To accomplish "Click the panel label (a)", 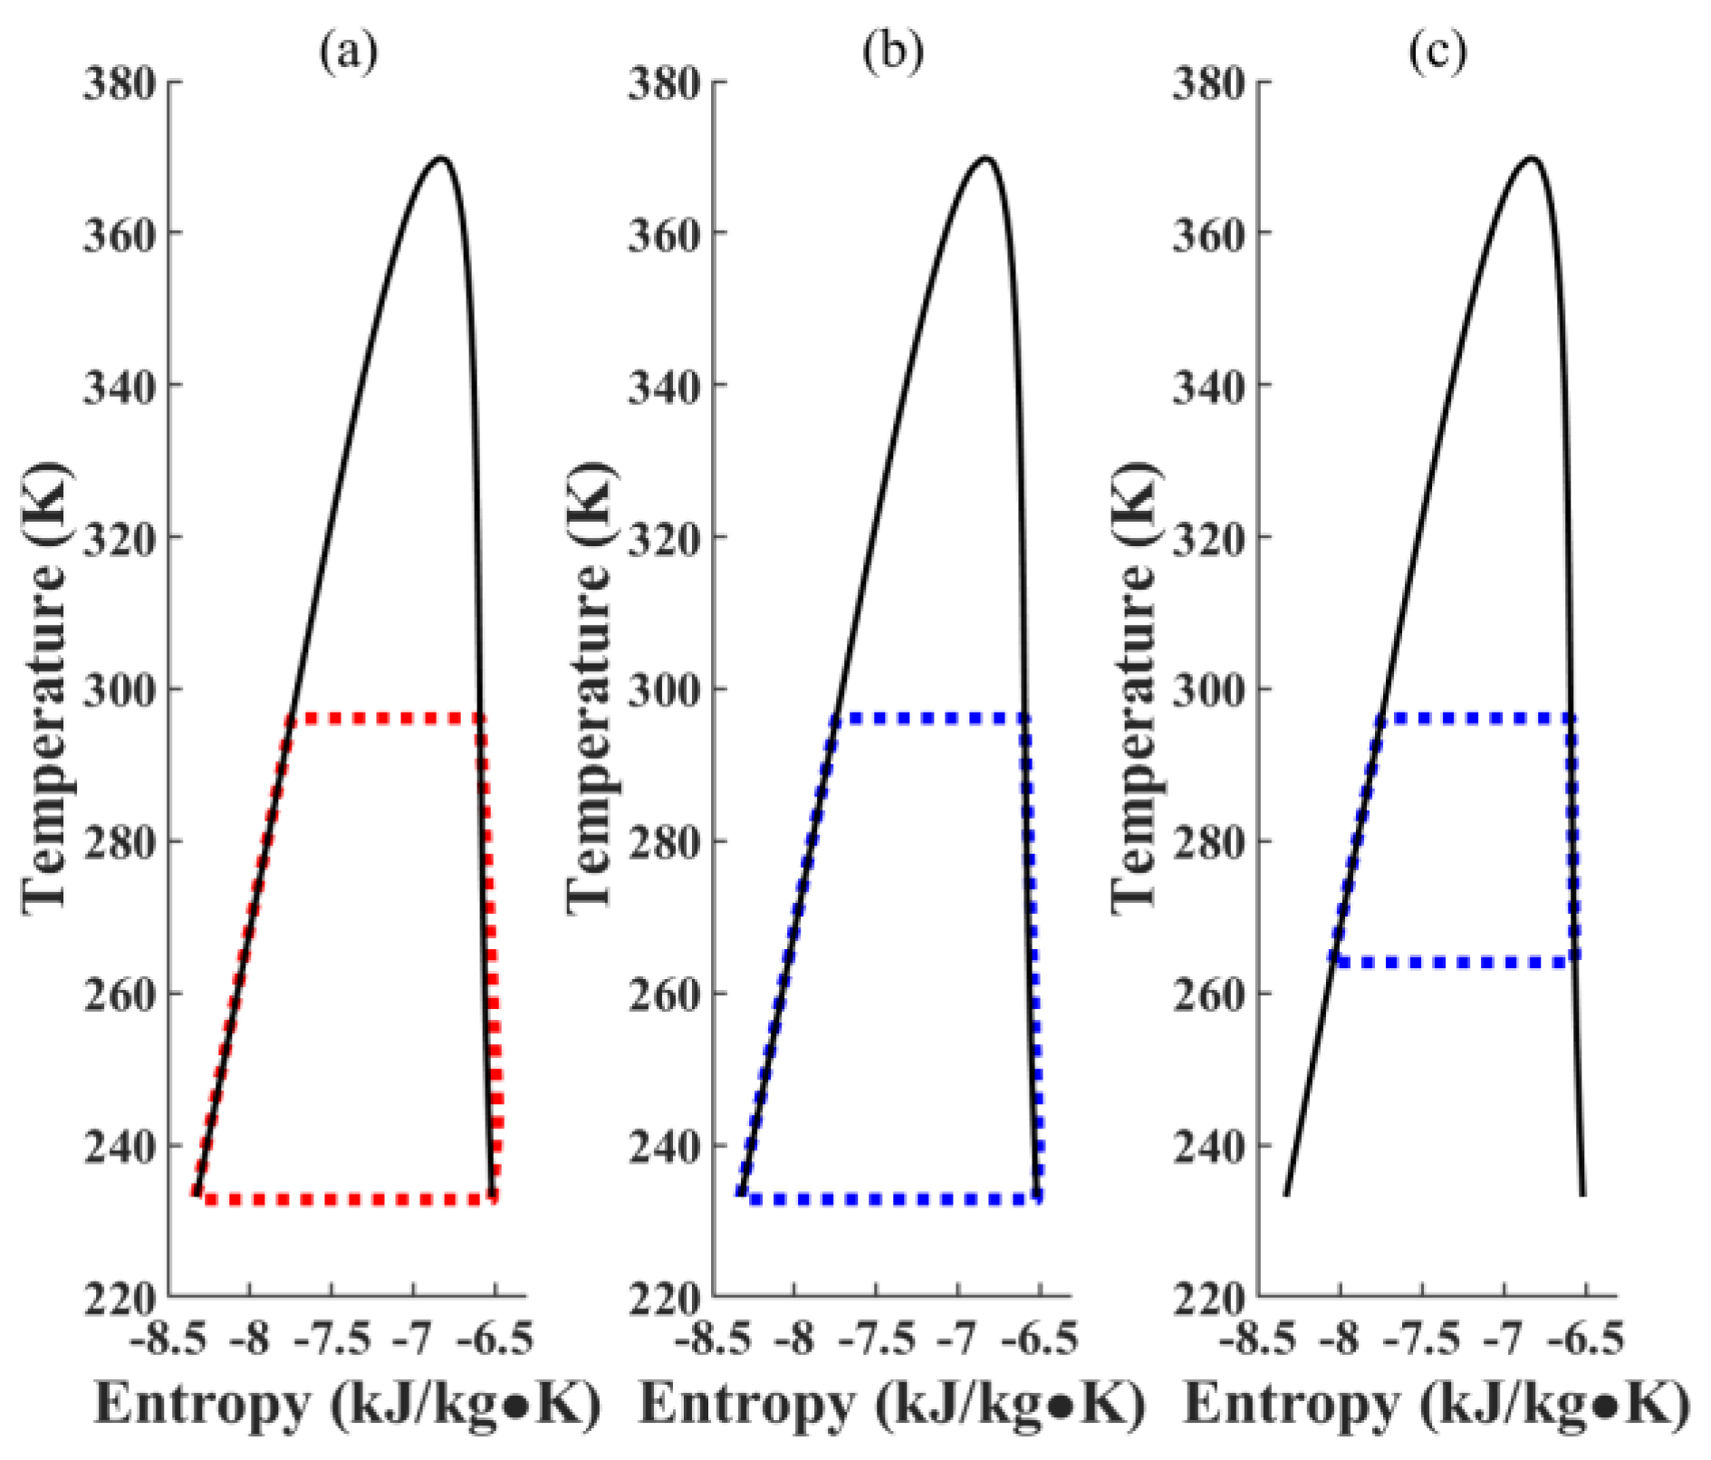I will coord(348,53).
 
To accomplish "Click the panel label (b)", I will coord(892,53).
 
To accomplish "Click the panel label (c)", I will coord(1437,53).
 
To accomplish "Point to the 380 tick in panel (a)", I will coord(120,83).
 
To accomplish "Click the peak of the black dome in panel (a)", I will coord(441,158).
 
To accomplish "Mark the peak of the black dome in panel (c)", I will coord(1531,158).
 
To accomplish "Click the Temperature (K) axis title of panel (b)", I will coord(591,688).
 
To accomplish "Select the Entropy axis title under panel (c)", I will coord(1437,1405).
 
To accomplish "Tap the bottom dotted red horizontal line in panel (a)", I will coord(349,1199).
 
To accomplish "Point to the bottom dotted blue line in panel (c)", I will coord(1454,962).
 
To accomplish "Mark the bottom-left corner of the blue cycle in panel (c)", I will coord(1334,960).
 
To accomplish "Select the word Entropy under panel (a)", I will coord(201,1405).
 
